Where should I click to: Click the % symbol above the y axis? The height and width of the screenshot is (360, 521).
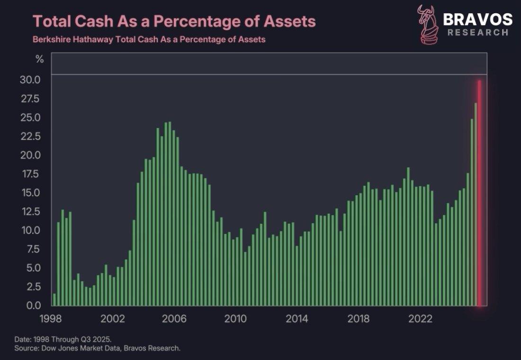(x=39, y=59)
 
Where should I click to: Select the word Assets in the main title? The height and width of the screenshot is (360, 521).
(x=290, y=21)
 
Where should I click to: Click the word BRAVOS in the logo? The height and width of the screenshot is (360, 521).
(x=477, y=19)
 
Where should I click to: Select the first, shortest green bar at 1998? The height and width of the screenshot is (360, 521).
(x=54, y=299)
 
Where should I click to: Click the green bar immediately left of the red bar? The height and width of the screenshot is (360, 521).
(x=476, y=204)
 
